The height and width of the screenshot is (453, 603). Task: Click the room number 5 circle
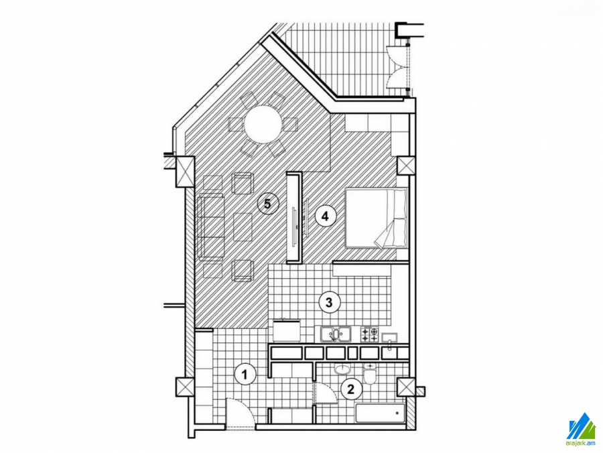tap(267, 204)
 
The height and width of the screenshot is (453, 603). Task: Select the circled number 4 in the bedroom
tap(326, 216)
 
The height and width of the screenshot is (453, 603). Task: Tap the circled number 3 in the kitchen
tap(329, 302)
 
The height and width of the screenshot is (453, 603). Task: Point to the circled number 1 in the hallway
tap(245, 374)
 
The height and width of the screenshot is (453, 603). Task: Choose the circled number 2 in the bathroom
tap(350, 389)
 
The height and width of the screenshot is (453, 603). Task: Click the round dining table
tap(263, 124)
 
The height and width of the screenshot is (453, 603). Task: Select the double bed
tap(376, 217)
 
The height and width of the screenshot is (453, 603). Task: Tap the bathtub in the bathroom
tap(380, 413)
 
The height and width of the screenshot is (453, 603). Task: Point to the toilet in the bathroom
tap(370, 373)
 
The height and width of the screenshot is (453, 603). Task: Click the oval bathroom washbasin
tap(342, 369)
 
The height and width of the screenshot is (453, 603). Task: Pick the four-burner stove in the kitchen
tap(369, 334)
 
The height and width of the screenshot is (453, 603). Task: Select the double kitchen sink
tap(336, 334)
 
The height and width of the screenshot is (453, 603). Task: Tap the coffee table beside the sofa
tap(243, 227)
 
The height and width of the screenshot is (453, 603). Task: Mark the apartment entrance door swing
tap(239, 413)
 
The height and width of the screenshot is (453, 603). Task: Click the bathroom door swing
tap(326, 393)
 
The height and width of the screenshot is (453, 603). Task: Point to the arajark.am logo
tap(581, 430)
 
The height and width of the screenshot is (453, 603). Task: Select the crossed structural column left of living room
tap(185, 172)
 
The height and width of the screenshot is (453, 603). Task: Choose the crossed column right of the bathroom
tap(407, 387)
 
